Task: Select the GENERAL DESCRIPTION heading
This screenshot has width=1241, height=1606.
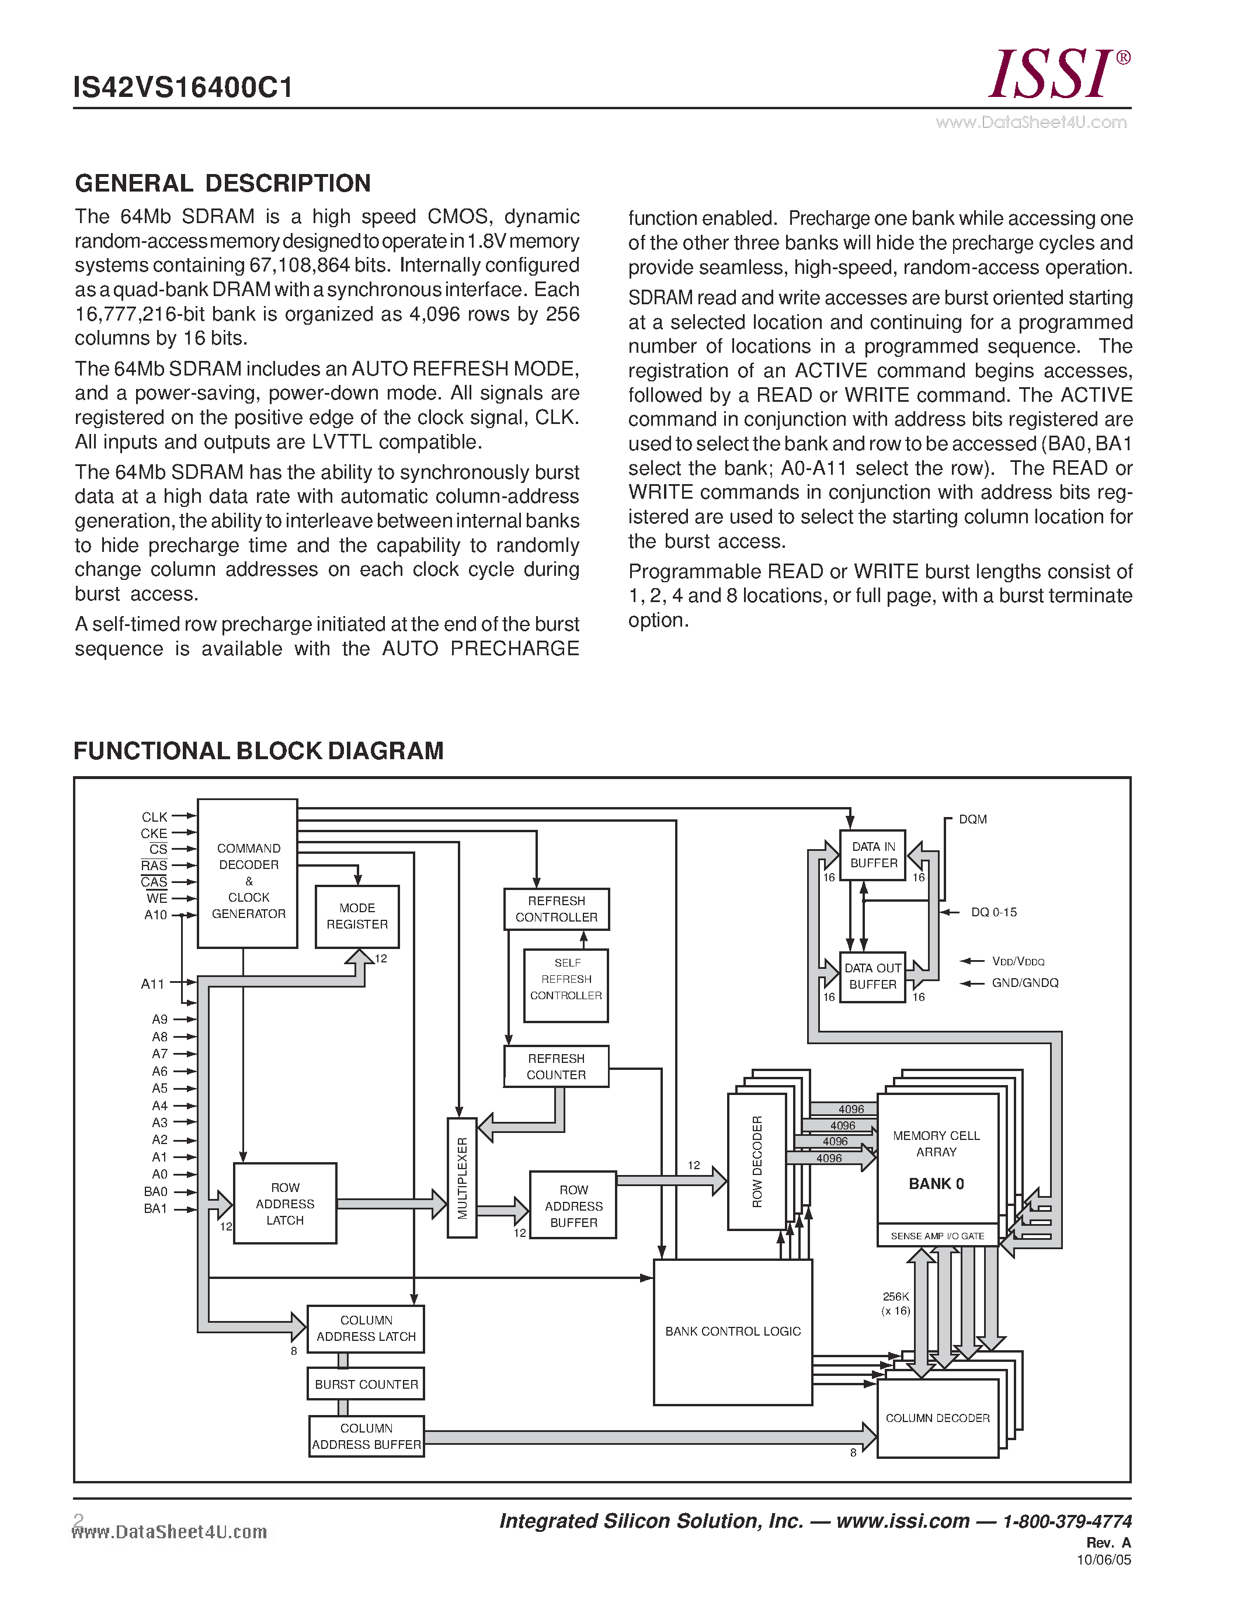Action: pyautogui.click(x=223, y=183)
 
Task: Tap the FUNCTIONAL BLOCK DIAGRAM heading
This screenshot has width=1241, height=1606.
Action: pyautogui.click(x=258, y=751)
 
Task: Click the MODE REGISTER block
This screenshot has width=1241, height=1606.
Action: pyautogui.click(x=357, y=916)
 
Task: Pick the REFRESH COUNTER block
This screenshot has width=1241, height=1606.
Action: pyautogui.click(x=557, y=1066)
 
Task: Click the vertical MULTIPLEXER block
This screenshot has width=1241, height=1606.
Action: pyautogui.click(x=462, y=1178)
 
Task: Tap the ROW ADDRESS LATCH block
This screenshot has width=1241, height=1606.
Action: pyautogui.click(x=285, y=1203)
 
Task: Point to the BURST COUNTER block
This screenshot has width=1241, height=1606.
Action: pyautogui.click(x=366, y=1384)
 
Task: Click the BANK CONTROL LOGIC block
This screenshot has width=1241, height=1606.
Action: pyautogui.click(x=733, y=1332)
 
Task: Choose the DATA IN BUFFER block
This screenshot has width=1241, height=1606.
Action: pyautogui.click(x=874, y=855)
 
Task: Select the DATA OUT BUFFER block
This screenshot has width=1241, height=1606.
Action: pyautogui.click(x=872, y=976)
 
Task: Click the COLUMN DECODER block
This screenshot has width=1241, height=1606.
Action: pyautogui.click(x=937, y=1418)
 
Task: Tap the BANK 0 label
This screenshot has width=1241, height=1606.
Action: pyautogui.click(x=936, y=1184)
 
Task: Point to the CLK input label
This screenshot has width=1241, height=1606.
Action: pyautogui.click(x=154, y=817)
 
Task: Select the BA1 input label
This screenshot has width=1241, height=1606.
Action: pyautogui.click(x=155, y=1209)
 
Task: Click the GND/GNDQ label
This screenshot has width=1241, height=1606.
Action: pyautogui.click(x=1025, y=983)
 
